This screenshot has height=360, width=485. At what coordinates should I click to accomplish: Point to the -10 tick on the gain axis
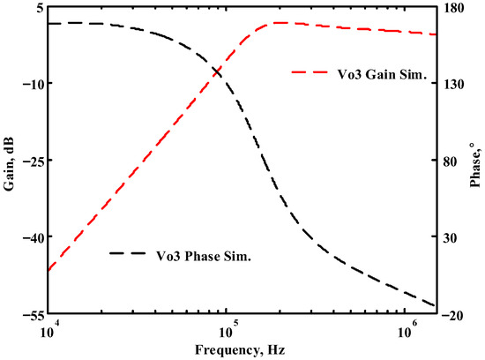click(x=28, y=83)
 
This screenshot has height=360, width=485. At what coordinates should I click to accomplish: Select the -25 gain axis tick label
click(x=28, y=161)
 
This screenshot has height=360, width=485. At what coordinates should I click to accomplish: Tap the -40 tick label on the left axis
click(x=28, y=237)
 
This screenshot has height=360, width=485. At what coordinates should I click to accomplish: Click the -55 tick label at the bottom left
click(x=28, y=314)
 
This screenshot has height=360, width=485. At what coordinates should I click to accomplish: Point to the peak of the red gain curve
click(x=278, y=22)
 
